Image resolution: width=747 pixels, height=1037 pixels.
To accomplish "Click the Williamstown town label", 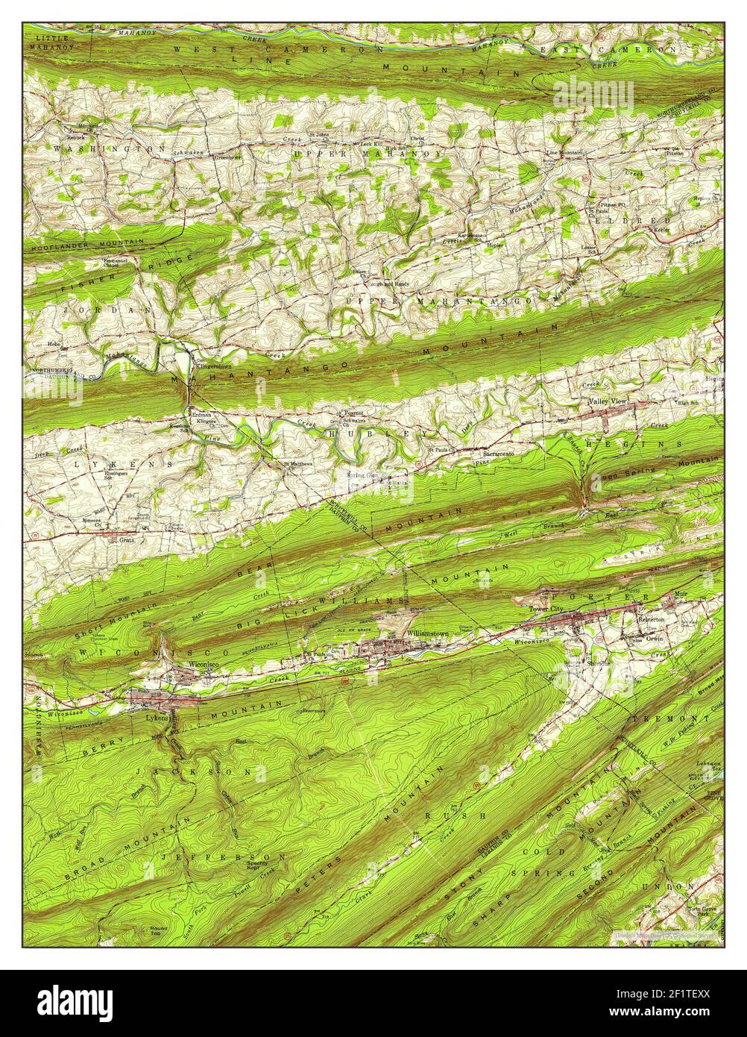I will click(428, 633).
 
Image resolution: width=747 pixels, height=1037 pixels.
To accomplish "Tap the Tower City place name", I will click(547, 609).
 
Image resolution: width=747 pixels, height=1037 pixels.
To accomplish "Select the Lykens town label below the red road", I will click(157, 717).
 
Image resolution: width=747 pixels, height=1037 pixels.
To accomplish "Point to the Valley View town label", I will click(608, 401).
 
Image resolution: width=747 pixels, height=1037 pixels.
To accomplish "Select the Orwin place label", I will click(655, 639).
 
